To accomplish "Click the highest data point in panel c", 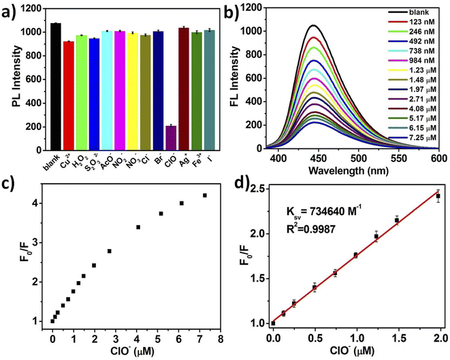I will [x=204, y=195].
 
